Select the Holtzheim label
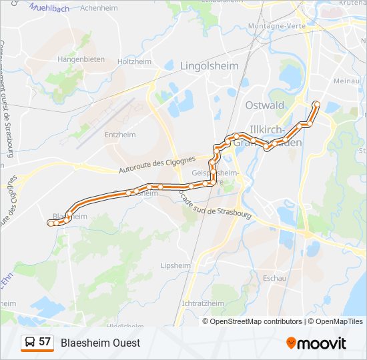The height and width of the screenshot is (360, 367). click(x=134, y=62)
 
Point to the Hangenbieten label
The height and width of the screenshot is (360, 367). click(x=81, y=59)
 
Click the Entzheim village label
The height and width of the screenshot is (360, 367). click(x=120, y=134)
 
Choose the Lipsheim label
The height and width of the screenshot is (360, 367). click(x=175, y=265)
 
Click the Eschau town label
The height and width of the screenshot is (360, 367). click(x=275, y=277)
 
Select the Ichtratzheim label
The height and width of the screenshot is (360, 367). click(x=202, y=303)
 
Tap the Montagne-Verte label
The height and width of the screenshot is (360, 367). click(x=275, y=26)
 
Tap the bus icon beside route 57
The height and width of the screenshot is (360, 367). click(x=29, y=343)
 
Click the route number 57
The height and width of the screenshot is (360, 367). click(x=45, y=342)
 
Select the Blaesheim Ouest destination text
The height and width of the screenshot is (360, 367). click(x=100, y=343)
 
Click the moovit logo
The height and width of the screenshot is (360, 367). click(x=316, y=343)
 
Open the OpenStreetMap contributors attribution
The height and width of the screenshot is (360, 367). click(x=256, y=321)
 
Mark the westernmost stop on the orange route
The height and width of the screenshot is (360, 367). click(x=50, y=224)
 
